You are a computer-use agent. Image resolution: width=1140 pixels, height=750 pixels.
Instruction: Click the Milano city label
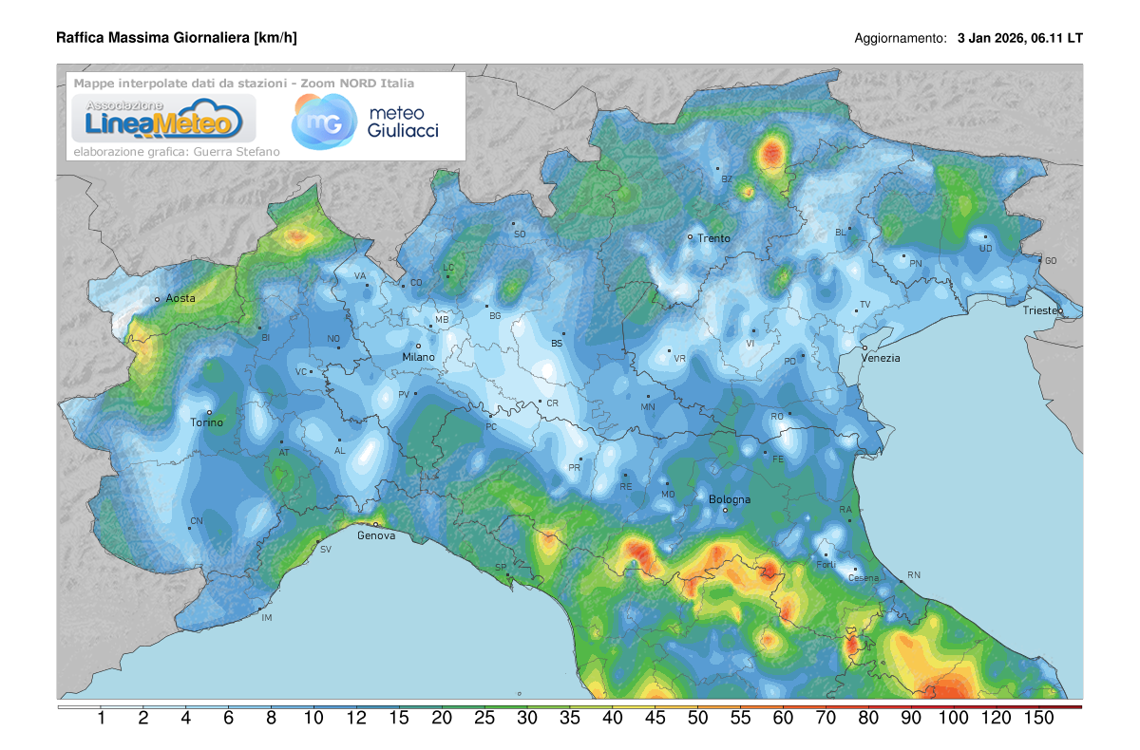coord(418,357)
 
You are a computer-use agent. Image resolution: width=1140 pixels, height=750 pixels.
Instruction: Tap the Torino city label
coord(207,422)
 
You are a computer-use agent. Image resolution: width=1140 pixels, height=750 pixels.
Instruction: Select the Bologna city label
coord(730,499)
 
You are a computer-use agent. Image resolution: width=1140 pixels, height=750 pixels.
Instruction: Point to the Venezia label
coord(881,358)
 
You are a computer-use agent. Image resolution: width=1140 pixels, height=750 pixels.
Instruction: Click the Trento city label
coord(713,238)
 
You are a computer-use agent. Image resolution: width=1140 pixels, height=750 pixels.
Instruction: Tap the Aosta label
coord(180,298)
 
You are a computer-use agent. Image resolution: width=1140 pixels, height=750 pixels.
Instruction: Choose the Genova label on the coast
coord(376,535)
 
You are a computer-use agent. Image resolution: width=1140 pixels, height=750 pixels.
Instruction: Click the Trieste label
coord(1042,311)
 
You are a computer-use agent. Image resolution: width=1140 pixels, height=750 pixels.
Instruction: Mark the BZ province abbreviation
coord(728,178)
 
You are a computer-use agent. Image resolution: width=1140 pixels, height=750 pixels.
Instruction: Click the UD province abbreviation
coord(986,249)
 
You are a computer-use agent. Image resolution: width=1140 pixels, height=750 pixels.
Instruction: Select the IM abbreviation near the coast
coord(267,618)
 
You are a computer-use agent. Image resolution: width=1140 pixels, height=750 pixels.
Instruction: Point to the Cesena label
coord(864,578)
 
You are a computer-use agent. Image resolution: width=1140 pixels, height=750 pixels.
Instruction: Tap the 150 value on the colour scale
coord(1038,719)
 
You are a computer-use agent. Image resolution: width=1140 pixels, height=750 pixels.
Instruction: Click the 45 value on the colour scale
coord(655,719)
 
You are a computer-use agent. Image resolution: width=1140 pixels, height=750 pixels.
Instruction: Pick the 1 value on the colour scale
coord(101,719)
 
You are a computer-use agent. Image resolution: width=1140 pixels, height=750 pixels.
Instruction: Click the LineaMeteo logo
coord(158,120)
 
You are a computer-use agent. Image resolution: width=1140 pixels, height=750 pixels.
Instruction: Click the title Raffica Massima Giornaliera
coord(176,38)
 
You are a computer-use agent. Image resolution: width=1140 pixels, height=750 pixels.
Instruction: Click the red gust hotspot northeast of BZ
coord(771,152)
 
